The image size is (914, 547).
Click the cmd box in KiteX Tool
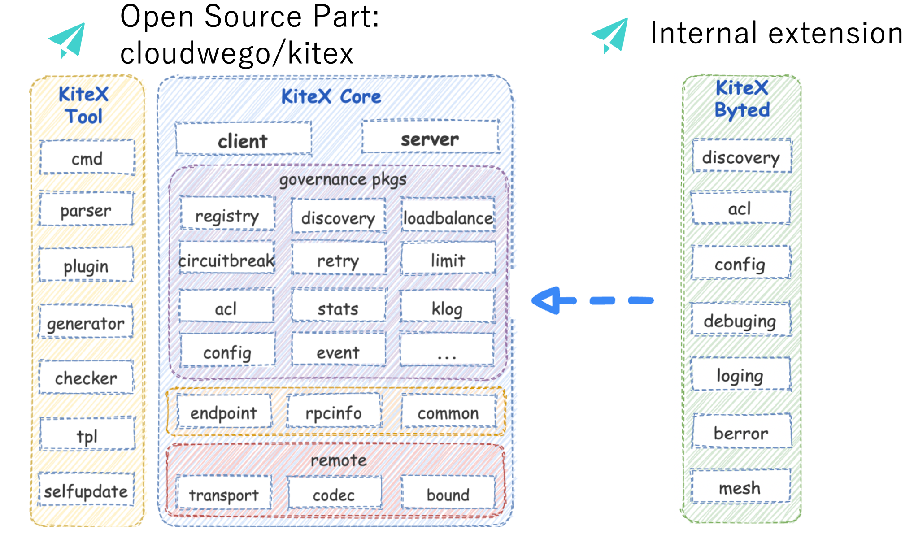(x=87, y=158)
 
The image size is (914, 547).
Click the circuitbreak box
(x=226, y=259)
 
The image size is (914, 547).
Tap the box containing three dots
(x=447, y=351)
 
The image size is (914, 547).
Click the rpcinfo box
(x=334, y=412)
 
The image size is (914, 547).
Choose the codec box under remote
(x=334, y=493)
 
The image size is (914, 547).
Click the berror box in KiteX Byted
(x=741, y=432)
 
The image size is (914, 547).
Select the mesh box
(x=740, y=486)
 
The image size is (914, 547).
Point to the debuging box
(x=740, y=320)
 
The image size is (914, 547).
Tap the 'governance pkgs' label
(x=343, y=179)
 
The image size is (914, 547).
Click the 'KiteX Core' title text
(x=331, y=96)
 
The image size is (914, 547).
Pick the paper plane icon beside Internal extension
(x=611, y=35)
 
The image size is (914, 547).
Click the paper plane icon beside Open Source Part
(x=68, y=39)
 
